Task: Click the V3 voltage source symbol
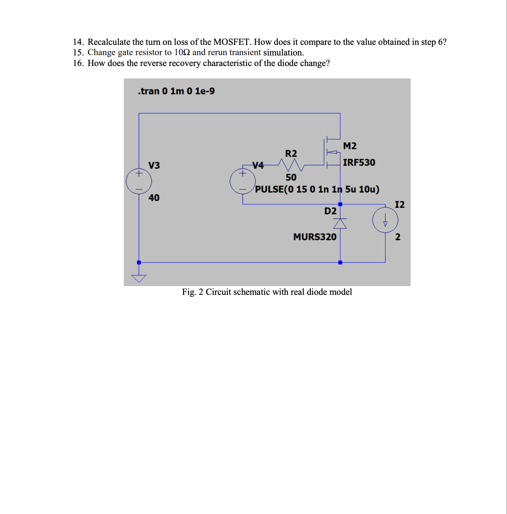pyautogui.click(x=139, y=181)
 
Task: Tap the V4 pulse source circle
pyautogui.click(x=243, y=181)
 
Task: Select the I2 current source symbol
pyautogui.click(x=385, y=220)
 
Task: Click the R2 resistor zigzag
pyautogui.click(x=291, y=165)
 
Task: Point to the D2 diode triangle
pyautogui.click(x=340, y=224)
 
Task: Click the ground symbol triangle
pyautogui.click(x=139, y=278)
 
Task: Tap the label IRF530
pyautogui.click(x=359, y=163)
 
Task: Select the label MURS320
pyautogui.click(x=315, y=237)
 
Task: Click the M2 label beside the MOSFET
pyautogui.click(x=350, y=146)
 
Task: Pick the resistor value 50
pyautogui.click(x=291, y=177)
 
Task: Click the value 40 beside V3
pyautogui.click(x=154, y=198)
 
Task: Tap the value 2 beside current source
pyautogui.click(x=398, y=237)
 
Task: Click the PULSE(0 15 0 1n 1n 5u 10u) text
pyautogui.click(x=317, y=189)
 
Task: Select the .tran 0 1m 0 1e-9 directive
pyautogui.click(x=176, y=91)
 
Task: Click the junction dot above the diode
pyautogui.click(x=340, y=204)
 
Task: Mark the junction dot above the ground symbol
pyautogui.click(x=139, y=262)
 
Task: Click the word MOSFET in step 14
pyautogui.click(x=231, y=42)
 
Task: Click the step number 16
pyautogui.click(x=78, y=63)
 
